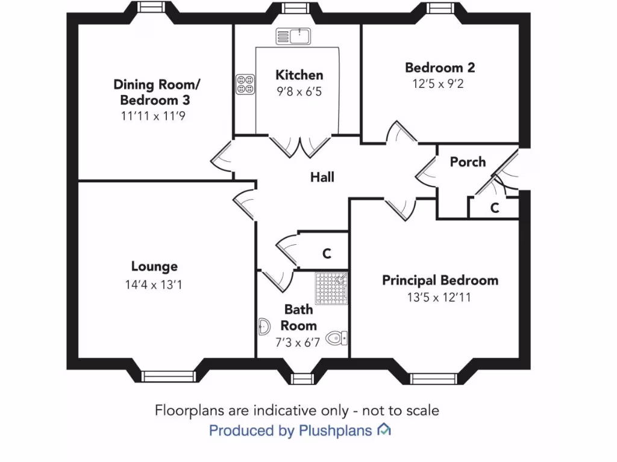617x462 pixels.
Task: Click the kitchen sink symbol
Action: (292, 35)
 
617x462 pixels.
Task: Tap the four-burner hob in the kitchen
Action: (245, 84)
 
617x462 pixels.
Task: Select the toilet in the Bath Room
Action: (337, 339)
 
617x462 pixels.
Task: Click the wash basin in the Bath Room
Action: (264, 327)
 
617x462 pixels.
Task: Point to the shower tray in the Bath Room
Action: (331, 288)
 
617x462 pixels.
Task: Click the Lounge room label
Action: (154, 266)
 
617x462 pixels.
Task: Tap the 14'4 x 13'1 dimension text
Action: (154, 285)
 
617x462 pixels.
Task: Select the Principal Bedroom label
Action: (440, 280)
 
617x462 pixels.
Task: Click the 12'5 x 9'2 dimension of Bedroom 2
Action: (438, 84)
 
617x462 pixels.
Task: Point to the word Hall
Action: (322, 177)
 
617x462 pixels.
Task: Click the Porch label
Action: (468, 162)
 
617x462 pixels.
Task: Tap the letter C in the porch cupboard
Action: (494, 208)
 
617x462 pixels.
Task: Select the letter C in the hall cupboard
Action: (326, 253)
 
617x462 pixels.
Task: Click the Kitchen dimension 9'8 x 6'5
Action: (299, 93)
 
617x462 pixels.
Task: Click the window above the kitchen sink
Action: (293, 8)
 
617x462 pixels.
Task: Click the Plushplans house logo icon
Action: (383, 430)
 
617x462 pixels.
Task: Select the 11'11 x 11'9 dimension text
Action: (154, 116)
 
